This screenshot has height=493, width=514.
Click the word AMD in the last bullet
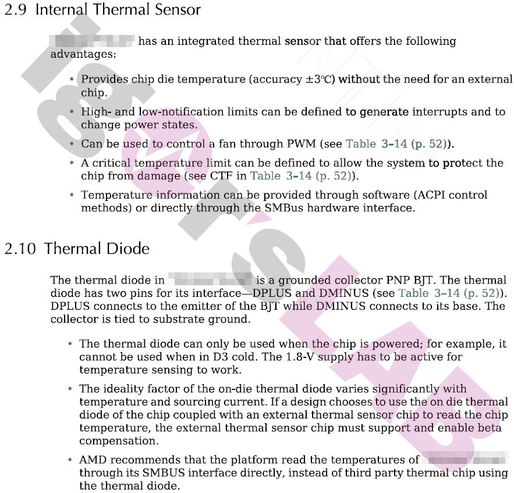93,460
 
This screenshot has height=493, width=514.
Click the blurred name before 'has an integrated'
93,41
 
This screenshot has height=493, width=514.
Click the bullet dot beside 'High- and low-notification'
72,111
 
